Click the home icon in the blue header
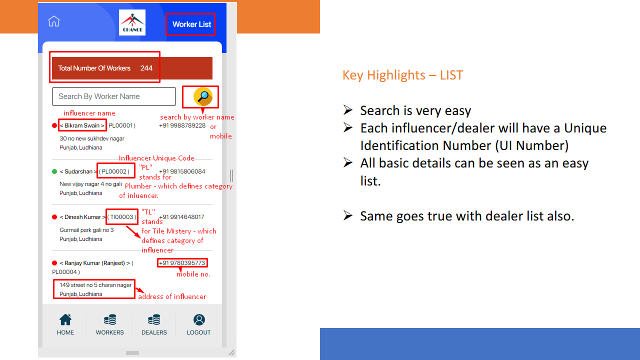(x=53, y=21)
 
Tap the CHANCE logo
(x=132, y=22)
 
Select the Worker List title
(x=191, y=24)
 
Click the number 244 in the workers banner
(x=146, y=68)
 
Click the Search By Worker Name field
(x=113, y=96)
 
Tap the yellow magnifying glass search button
(x=203, y=96)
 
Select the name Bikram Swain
(x=82, y=125)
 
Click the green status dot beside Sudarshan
(x=54, y=171)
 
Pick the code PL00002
(x=114, y=171)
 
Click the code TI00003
(x=121, y=217)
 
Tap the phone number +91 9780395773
(x=182, y=263)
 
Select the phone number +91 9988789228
(x=182, y=125)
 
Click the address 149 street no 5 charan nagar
(x=95, y=285)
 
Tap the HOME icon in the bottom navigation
(x=65, y=319)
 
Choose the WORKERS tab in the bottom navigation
(x=109, y=325)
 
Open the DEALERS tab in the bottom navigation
(x=154, y=325)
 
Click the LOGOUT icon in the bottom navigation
(x=199, y=319)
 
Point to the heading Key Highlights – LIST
(x=402, y=75)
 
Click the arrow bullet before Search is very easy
(x=348, y=110)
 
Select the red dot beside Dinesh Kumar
(x=54, y=217)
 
